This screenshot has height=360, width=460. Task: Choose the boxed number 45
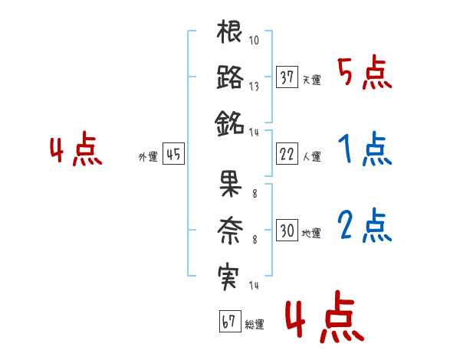pyautogui.click(x=173, y=154)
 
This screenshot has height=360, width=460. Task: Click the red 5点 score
pyautogui.click(x=364, y=74)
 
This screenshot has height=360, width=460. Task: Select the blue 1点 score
pyautogui.click(x=364, y=151)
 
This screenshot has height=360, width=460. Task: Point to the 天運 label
pyautogui.click(x=311, y=80)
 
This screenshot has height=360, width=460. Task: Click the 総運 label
pyautogui.click(x=255, y=325)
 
